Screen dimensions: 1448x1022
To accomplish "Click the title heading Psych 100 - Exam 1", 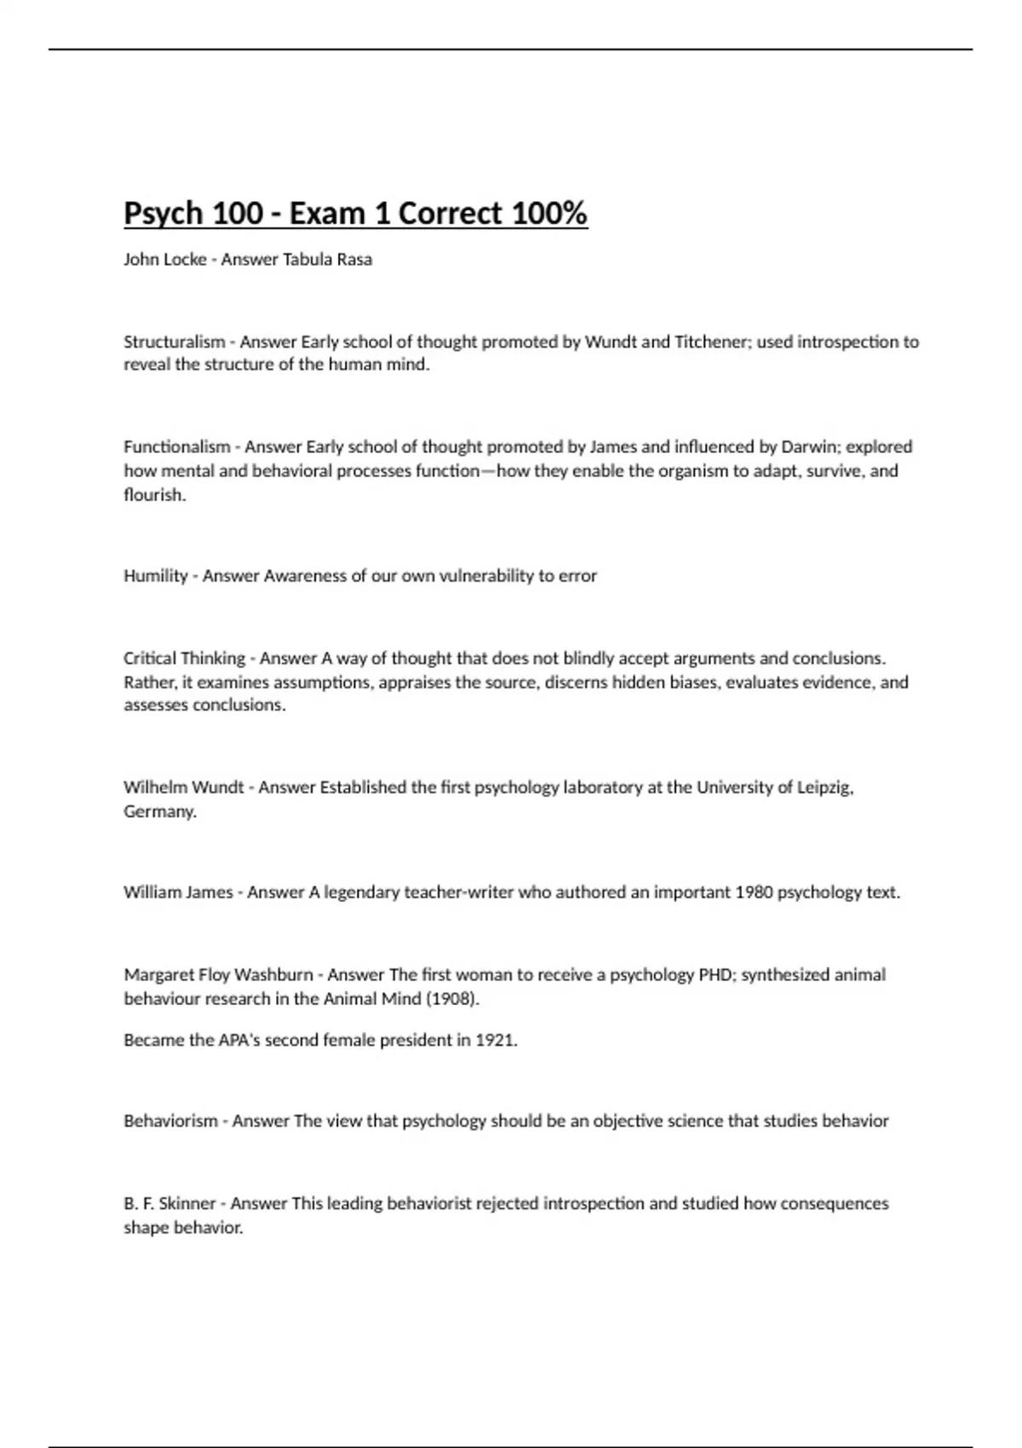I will tap(355, 213).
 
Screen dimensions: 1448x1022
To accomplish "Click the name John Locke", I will tap(164, 259).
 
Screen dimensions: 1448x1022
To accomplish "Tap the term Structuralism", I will tap(174, 342).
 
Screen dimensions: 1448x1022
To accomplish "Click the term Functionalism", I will tap(176, 446).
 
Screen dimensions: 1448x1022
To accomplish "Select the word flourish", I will tap(153, 495).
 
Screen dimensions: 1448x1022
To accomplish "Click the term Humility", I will tap(155, 576).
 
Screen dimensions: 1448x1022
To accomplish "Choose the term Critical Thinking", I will tap(184, 658).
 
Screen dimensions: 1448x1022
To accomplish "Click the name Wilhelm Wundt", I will tap(183, 787).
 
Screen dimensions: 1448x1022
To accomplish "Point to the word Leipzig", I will tap(824, 787).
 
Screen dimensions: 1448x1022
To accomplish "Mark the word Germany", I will tap(159, 811).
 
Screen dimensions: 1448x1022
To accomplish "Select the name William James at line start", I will tap(177, 892).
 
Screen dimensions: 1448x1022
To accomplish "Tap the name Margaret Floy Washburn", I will tap(218, 974).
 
